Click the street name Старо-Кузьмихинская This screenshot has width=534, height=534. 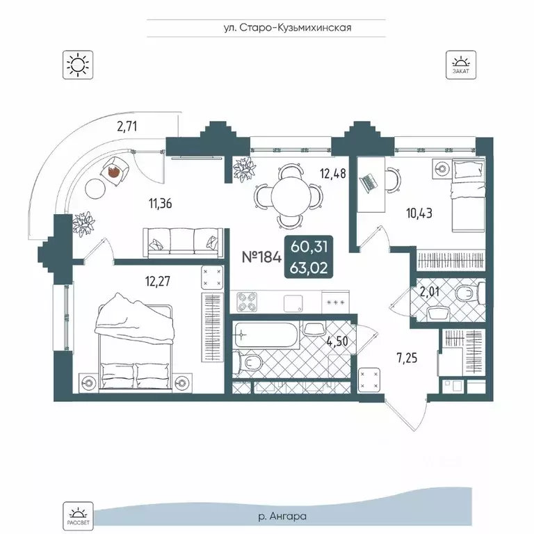pos(296,28)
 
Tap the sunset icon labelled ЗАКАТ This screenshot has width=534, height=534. pos(461,65)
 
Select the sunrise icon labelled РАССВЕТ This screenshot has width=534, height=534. pos(78,516)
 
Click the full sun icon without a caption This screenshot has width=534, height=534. pos(78,65)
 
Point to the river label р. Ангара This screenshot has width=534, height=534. pos(283,517)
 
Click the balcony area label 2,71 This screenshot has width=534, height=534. pos(127,127)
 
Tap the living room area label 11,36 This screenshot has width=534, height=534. pos(160,204)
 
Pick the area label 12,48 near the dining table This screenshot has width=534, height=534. pos(333,174)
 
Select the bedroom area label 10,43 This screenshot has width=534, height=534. pos(419,213)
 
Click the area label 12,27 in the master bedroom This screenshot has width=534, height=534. pos(158,282)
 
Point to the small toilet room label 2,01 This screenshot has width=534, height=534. pos(430,292)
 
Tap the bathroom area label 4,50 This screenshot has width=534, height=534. pos(337,341)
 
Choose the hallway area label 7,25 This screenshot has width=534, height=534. pos(407,358)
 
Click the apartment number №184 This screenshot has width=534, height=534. pos(261,257)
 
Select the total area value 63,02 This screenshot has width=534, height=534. pos(309,268)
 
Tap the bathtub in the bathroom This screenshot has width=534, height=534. pos(267,335)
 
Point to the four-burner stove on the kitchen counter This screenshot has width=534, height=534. pos(247,302)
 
